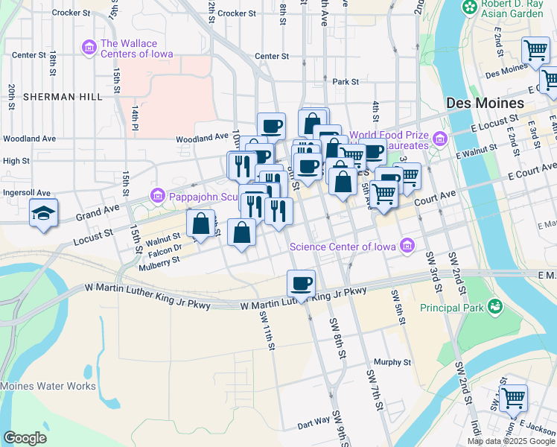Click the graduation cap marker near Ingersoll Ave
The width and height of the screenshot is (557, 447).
pos(44,213)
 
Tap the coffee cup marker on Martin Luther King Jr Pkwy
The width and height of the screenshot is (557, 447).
pos(301,284)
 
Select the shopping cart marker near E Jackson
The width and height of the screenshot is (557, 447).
pos(513,399)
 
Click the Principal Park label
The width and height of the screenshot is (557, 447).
pos(451,306)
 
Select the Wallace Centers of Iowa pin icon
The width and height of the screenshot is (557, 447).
pos(89,48)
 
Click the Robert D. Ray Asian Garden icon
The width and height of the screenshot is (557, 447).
pos(470,7)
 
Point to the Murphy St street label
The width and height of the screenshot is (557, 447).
pos(392,362)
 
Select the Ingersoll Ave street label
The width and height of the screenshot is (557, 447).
pos(29,192)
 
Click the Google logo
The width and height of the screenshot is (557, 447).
pos(25,437)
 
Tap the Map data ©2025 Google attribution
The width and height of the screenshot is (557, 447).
pos(511,441)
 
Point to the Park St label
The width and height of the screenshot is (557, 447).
pos(346,82)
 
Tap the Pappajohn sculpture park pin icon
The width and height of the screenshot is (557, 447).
pos(156,197)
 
